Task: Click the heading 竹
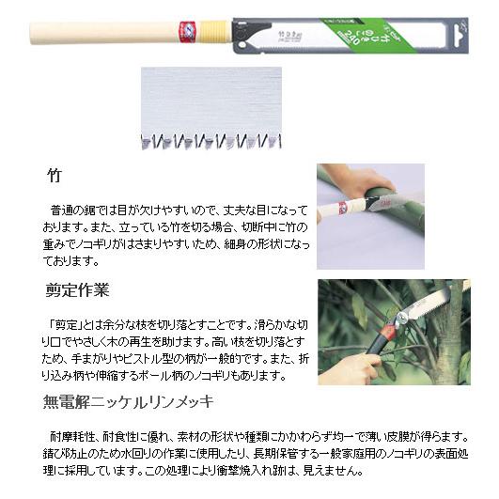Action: tap(55, 176)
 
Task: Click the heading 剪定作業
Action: tap(78, 289)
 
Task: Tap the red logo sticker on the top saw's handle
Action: tap(185, 31)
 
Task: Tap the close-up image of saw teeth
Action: tap(211, 108)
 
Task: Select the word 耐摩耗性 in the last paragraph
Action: tap(75, 436)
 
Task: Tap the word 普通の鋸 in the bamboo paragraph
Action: tap(76, 211)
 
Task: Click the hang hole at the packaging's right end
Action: tap(459, 31)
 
